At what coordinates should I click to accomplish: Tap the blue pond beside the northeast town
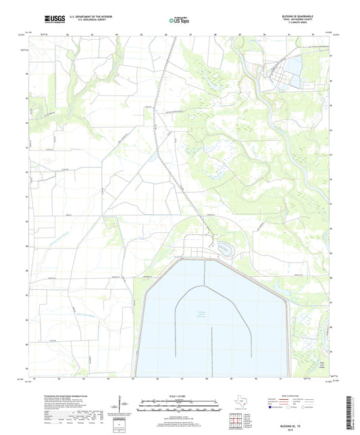[x=296, y=66]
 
